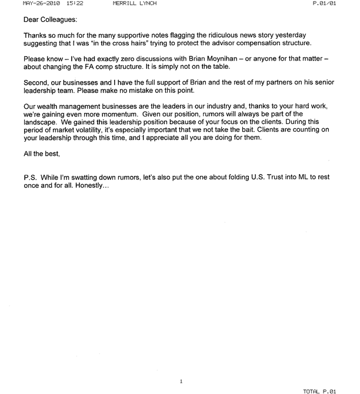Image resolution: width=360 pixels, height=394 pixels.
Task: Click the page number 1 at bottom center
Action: tap(181, 381)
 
